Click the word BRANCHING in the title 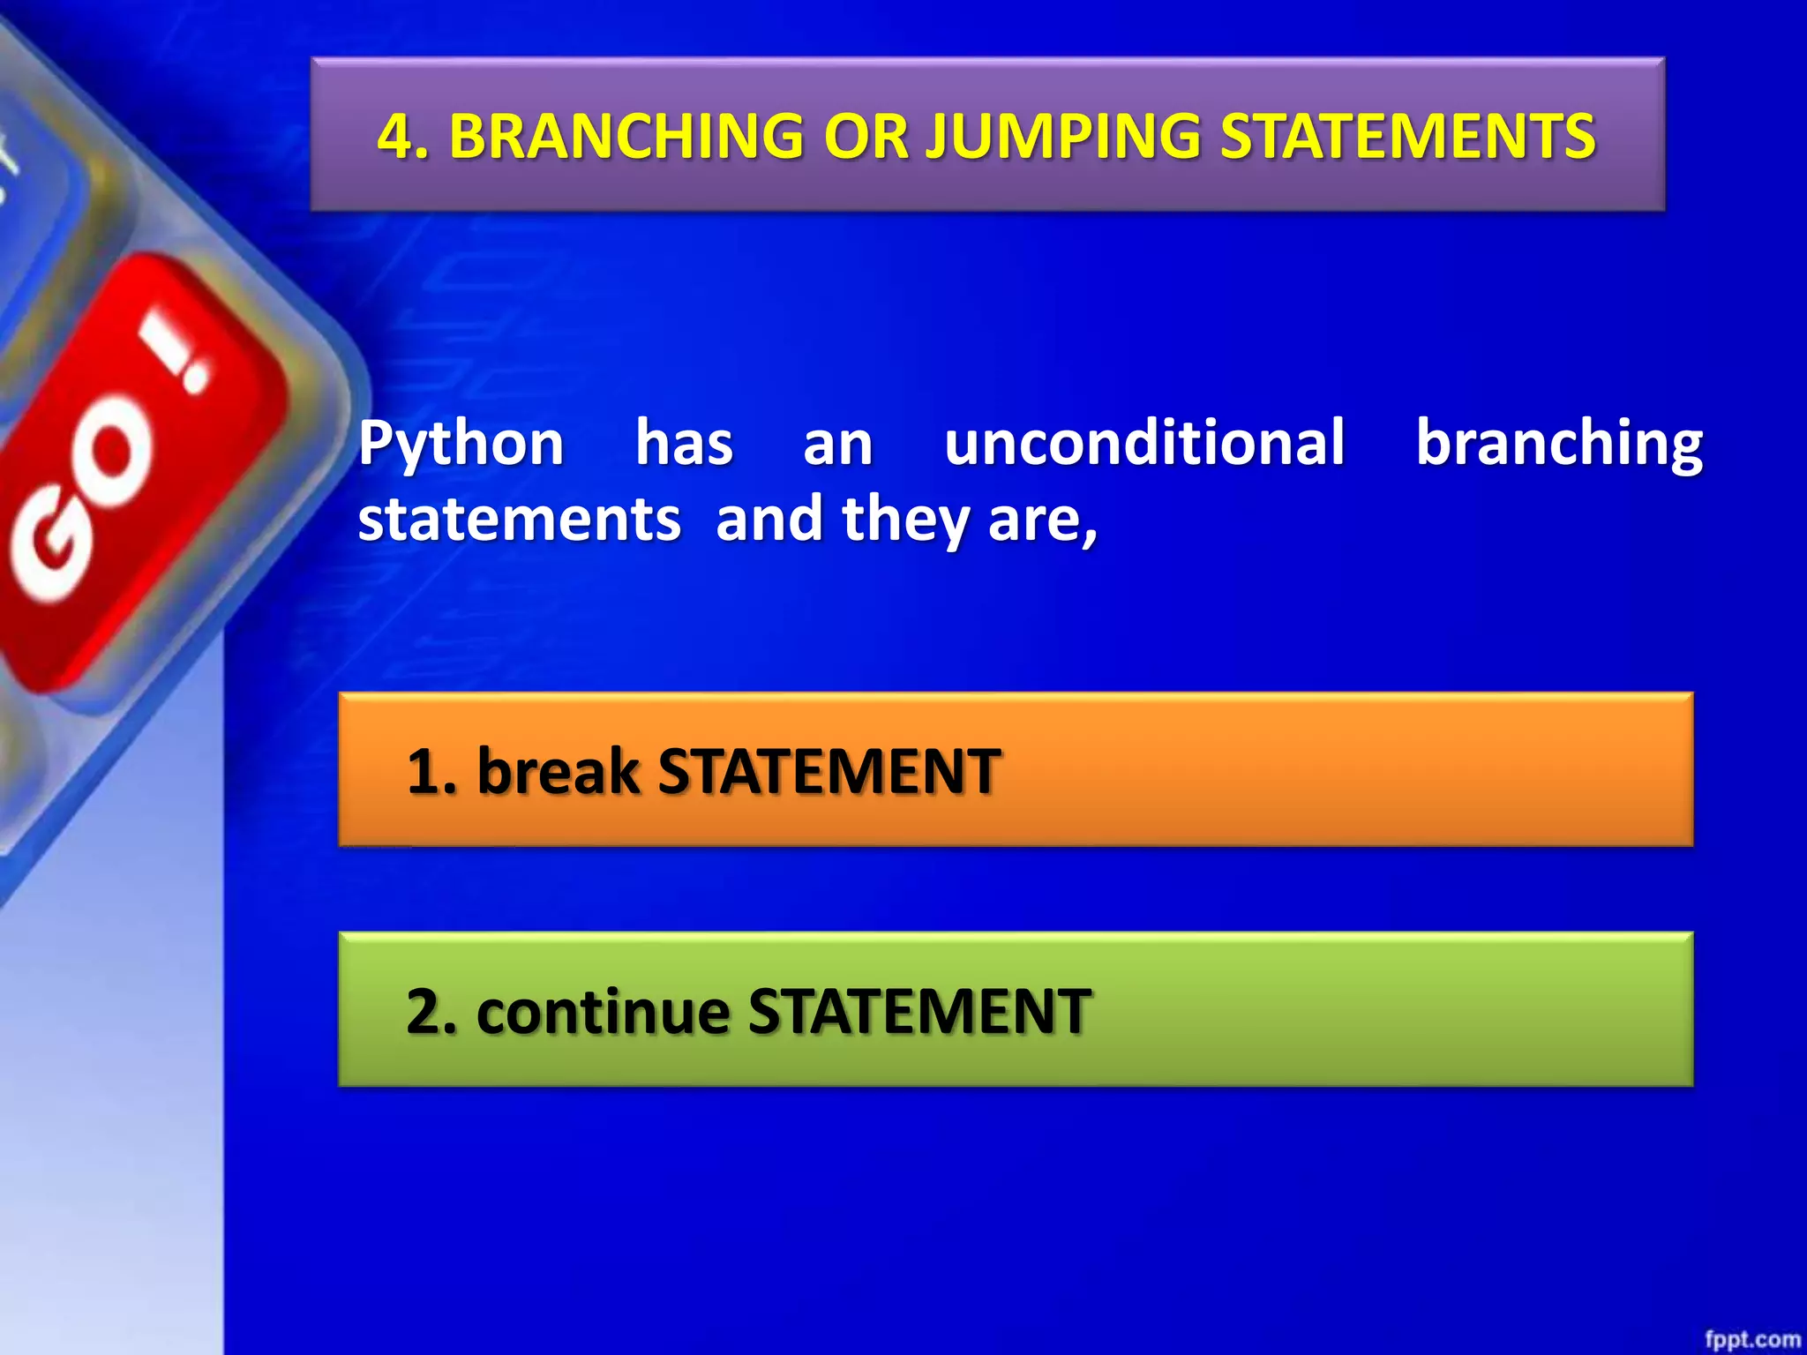(626, 137)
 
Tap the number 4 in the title (395, 137)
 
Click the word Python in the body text (461, 444)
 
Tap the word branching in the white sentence (1559, 444)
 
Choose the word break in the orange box (558, 771)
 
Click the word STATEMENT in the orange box (829, 771)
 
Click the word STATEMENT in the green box (919, 1011)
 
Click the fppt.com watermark (1752, 1339)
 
